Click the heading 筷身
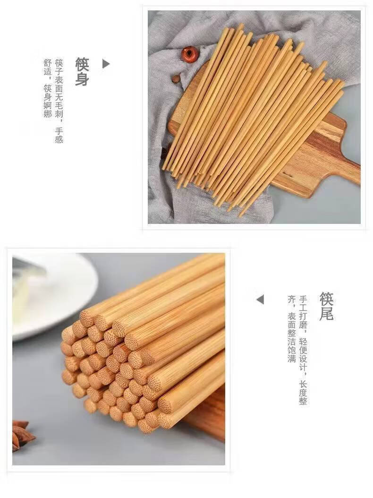coord(82,71)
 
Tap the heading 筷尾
coord(327,306)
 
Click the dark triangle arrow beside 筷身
coord(106,64)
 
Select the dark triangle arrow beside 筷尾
coord(260,299)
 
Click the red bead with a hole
coord(189,54)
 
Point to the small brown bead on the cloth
coord(176,78)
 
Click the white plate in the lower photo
coord(54,292)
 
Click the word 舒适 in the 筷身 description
coord(48,68)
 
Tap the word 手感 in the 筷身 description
coord(59,135)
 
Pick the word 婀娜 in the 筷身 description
coord(48,110)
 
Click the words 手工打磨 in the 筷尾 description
coord(303,312)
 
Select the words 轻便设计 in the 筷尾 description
coord(303,354)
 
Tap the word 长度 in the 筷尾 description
coord(303,388)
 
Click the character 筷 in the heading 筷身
coord(82,64)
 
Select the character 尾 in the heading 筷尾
coord(327,314)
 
